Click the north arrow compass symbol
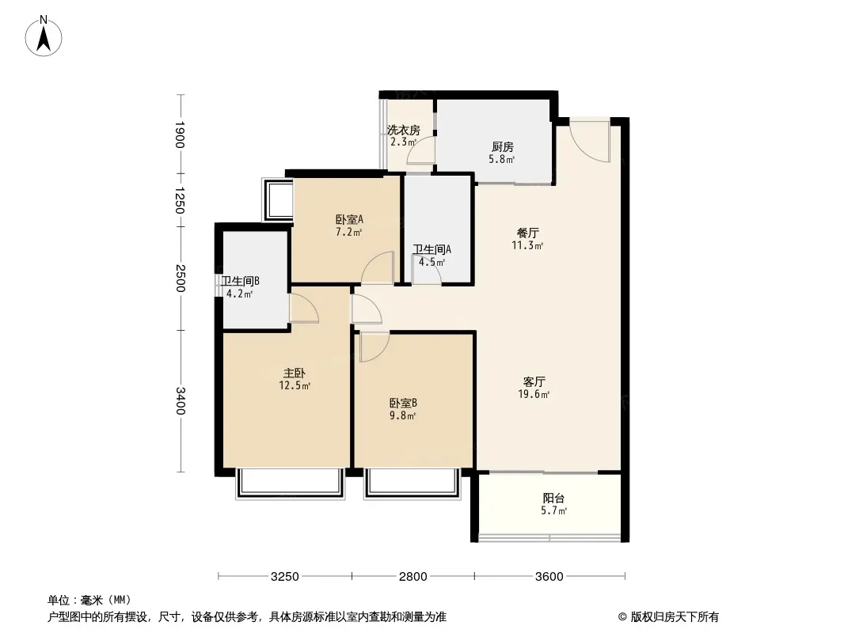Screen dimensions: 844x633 point(44,36)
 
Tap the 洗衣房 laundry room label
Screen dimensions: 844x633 point(404,131)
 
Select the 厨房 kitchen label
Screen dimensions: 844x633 point(502,147)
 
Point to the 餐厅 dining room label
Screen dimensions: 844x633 point(527,233)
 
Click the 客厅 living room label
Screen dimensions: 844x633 point(534,382)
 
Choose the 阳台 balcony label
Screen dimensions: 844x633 point(554,498)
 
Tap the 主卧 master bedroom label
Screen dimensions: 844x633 point(295,373)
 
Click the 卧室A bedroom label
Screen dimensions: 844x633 point(349,219)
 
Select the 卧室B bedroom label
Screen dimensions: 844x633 point(403,404)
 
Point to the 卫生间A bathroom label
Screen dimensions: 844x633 point(432,249)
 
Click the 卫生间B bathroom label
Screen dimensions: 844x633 point(241,281)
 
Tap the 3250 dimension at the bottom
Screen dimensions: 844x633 point(285,577)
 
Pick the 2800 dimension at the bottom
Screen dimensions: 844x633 point(412,577)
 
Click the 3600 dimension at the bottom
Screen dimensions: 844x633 point(549,577)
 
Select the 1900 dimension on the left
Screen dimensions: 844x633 point(180,135)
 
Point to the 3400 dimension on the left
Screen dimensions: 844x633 point(180,401)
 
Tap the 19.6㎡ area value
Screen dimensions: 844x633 point(534,395)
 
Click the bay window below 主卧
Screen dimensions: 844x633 point(290,483)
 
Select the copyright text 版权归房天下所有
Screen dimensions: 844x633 point(675,617)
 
